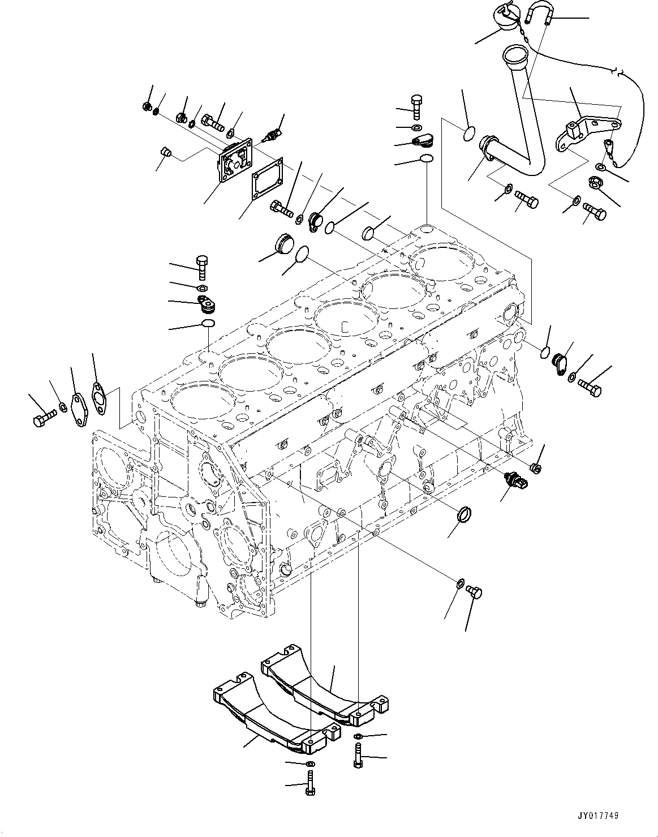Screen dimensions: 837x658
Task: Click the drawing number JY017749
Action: pos(598,816)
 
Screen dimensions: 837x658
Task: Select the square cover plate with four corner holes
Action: pos(234,160)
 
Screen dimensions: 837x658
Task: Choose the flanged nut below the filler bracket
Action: pos(596,183)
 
